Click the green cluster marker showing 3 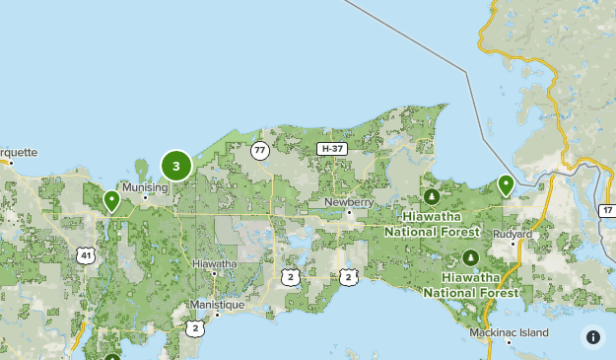(x=176, y=166)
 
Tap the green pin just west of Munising (x=112, y=201)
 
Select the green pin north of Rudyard (x=506, y=184)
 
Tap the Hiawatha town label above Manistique (x=214, y=264)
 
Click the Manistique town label (x=217, y=305)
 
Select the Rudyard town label (x=513, y=234)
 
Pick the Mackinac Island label (x=509, y=333)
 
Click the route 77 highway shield (x=260, y=151)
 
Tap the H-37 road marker (x=331, y=149)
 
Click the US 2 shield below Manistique (x=195, y=327)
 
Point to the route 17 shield (x=606, y=211)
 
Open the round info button (x=592, y=336)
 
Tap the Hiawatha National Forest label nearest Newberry (x=432, y=225)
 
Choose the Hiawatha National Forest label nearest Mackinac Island (x=472, y=285)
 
